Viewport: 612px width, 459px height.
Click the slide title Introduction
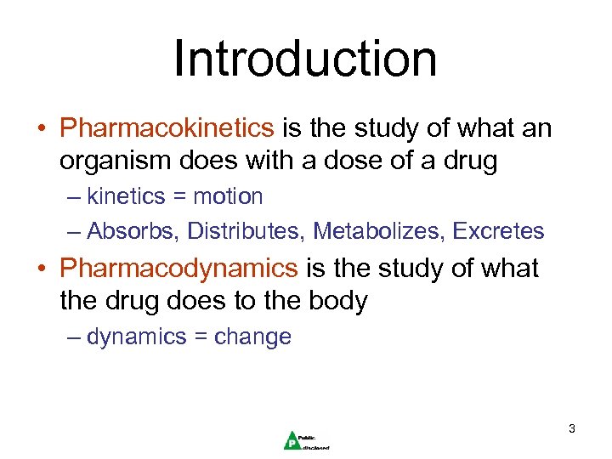(x=305, y=59)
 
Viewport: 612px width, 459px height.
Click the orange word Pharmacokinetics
(x=167, y=129)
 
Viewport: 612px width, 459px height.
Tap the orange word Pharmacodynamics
(x=178, y=269)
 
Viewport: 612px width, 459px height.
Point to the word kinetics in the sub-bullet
(x=126, y=197)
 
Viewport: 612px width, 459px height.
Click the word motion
(x=228, y=197)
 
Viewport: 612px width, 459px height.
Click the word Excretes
(x=499, y=231)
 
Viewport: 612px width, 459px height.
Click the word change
(x=252, y=337)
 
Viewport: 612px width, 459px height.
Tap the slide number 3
(x=572, y=429)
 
